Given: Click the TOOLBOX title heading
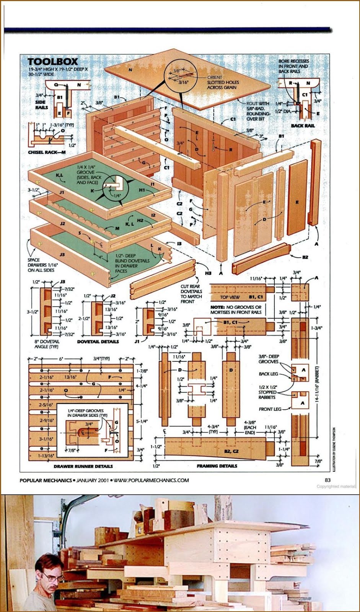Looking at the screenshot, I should [52, 61].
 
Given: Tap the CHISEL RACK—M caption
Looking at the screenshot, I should [47, 152].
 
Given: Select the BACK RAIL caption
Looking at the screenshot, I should [303, 125].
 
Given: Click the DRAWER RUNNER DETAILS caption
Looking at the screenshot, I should [83, 466].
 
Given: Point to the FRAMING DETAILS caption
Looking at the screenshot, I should [217, 466].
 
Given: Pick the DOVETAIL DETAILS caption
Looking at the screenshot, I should [98, 342].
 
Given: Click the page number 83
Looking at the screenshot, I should [327, 480].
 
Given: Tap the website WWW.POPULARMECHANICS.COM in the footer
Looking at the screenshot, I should [151, 480].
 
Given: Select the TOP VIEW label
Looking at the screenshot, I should [230, 297].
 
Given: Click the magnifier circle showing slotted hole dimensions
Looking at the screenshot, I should [180, 76].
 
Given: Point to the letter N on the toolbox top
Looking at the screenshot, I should [130, 70].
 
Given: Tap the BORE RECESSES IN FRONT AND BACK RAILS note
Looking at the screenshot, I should [293, 66].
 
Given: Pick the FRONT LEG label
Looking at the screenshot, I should [270, 409].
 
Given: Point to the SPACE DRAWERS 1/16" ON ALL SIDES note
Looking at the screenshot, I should [41, 265].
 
